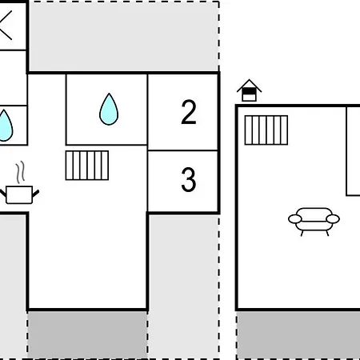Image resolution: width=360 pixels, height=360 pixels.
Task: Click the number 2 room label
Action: coord(189,112)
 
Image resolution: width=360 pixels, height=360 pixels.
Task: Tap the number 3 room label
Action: coord(189,179)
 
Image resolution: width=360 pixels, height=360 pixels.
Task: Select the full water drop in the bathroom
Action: coord(109,110)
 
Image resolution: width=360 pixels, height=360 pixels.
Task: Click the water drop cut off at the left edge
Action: coord(6,126)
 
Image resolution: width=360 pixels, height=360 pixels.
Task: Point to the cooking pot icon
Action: coord(19,194)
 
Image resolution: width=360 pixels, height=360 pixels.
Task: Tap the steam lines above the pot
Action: coord(20,172)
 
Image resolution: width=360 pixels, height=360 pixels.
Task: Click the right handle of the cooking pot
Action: coord(36,193)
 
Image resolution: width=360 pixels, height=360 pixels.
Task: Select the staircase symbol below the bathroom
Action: coord(87,166)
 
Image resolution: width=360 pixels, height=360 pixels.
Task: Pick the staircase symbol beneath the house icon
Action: coord(266,130)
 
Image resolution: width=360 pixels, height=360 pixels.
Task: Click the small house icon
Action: coord(249,90)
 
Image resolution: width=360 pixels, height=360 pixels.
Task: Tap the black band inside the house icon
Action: coord(249,91)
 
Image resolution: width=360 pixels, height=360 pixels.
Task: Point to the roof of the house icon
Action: coord(249,85)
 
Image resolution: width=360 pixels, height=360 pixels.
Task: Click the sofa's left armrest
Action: coord(294,219)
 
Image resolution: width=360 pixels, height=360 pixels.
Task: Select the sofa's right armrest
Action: coord(333,219)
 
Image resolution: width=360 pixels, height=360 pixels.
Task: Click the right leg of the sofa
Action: coord(327,233)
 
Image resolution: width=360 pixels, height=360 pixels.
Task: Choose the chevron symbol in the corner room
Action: coord(6,26)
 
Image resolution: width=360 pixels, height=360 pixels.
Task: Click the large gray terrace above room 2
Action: coord(124,37)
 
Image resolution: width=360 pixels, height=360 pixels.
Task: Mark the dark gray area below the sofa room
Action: coord(298,334)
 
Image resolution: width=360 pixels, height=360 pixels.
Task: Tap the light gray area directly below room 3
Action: coord(183,286)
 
